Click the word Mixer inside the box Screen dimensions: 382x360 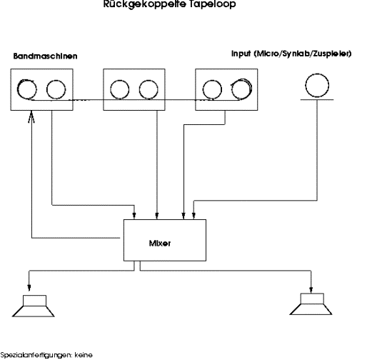coord(159,244)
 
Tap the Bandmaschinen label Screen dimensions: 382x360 coord(45,56)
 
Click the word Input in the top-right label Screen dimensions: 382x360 coord(241,54)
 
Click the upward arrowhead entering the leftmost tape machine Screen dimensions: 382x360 coord(31,116)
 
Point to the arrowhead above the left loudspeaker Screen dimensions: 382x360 coord(29,288)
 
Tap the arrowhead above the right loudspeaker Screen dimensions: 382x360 coord(311,289)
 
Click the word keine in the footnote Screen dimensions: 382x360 coord(84,355)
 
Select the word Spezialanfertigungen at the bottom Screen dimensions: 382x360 coord(36,356)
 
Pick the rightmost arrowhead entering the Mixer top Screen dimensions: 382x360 coord(193,216)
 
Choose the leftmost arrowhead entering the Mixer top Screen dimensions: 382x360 coord(134,216)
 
